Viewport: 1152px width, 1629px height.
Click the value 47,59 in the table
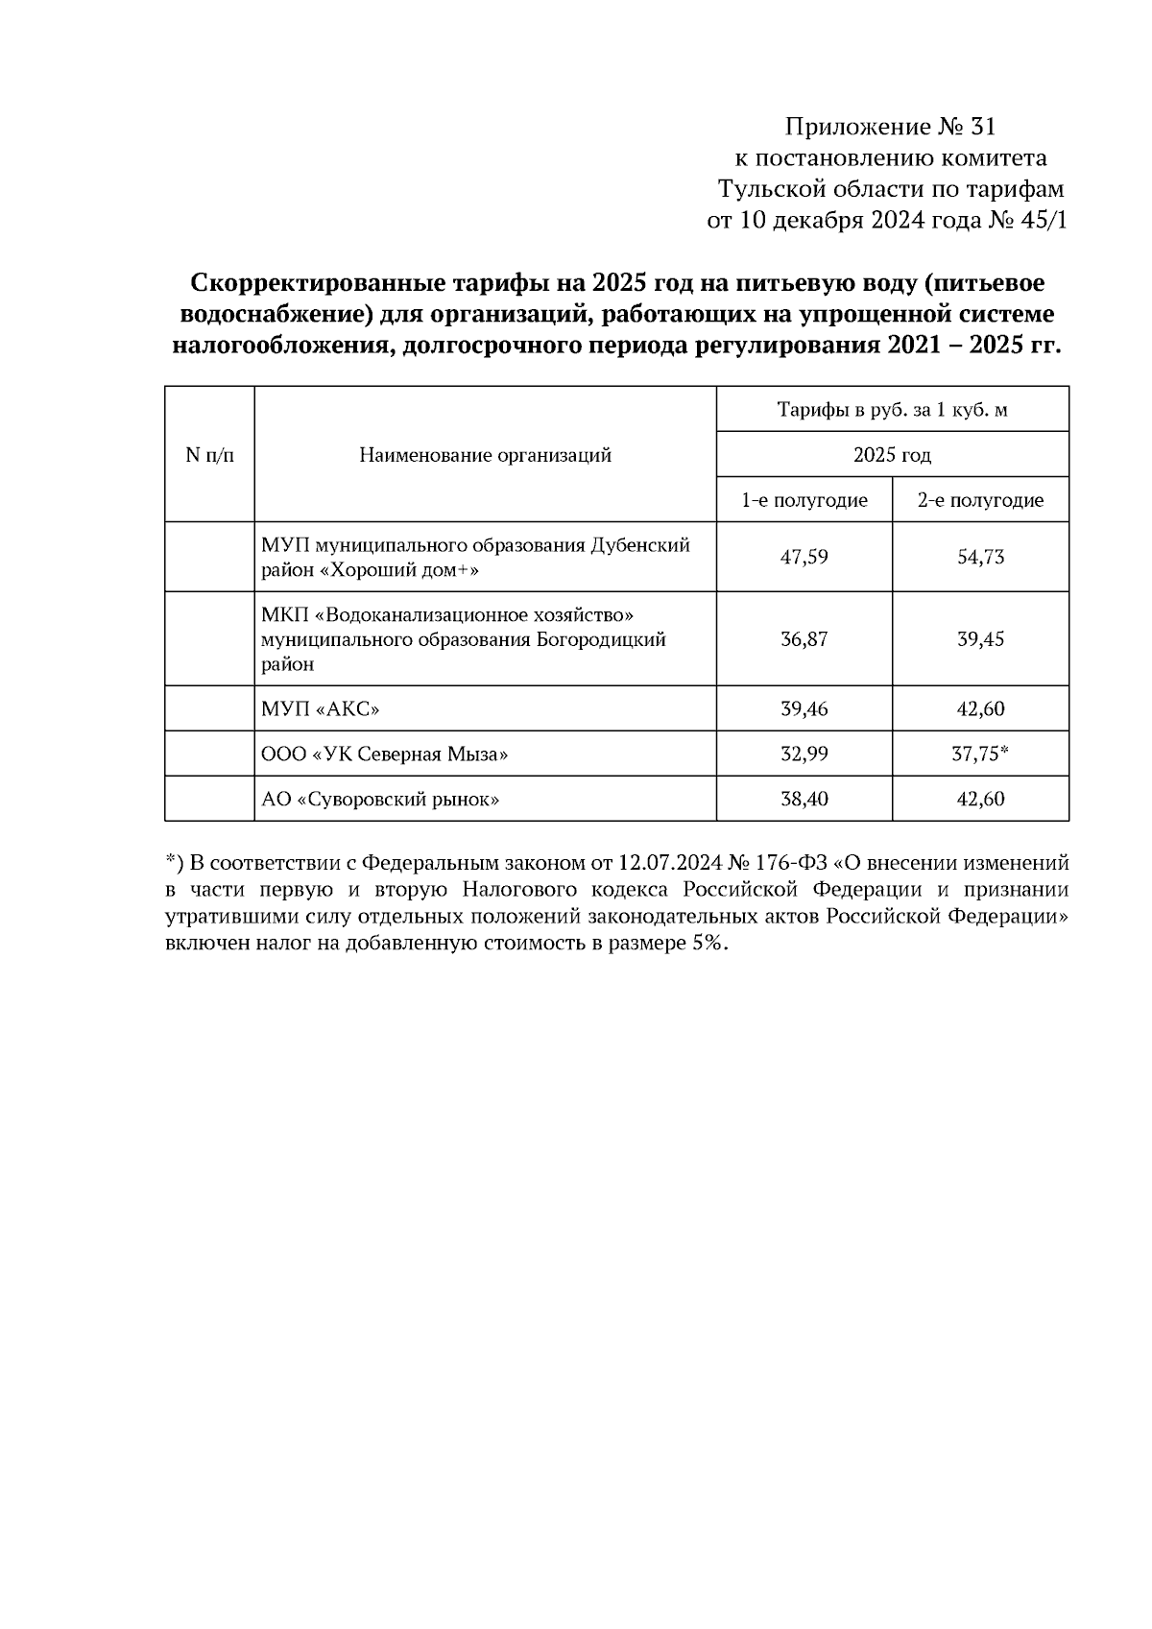(x=804, y=557)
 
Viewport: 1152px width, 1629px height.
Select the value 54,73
(x=980, y=557)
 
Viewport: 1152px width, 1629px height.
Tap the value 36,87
(x=804, y=639)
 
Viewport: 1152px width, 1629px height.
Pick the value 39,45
(x=980, y=639)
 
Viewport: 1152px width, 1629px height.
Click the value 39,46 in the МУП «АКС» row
(x=804, y=709)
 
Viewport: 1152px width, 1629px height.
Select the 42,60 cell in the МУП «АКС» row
(x=980, y=709)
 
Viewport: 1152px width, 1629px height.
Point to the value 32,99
(x=804, y=755)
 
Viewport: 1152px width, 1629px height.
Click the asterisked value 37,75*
(x=980, y=755)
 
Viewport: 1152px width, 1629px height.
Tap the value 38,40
(x=804, y=799)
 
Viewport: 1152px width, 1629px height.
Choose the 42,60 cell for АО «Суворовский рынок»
(x=980, y=799)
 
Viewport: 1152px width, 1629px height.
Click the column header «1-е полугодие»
(x=804, y=500)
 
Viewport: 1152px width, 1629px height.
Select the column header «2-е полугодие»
(x=980, y=500)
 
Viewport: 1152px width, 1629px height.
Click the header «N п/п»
(x=209, y=455)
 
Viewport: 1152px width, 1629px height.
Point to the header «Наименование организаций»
(x=485, y=455)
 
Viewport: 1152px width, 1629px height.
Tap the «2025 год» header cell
(x=892, y=455)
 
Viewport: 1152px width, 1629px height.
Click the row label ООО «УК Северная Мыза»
(x=384, y=755)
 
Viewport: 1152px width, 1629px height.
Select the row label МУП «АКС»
(x=321, y=709)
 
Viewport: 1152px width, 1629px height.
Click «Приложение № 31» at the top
(x=891, y=127)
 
